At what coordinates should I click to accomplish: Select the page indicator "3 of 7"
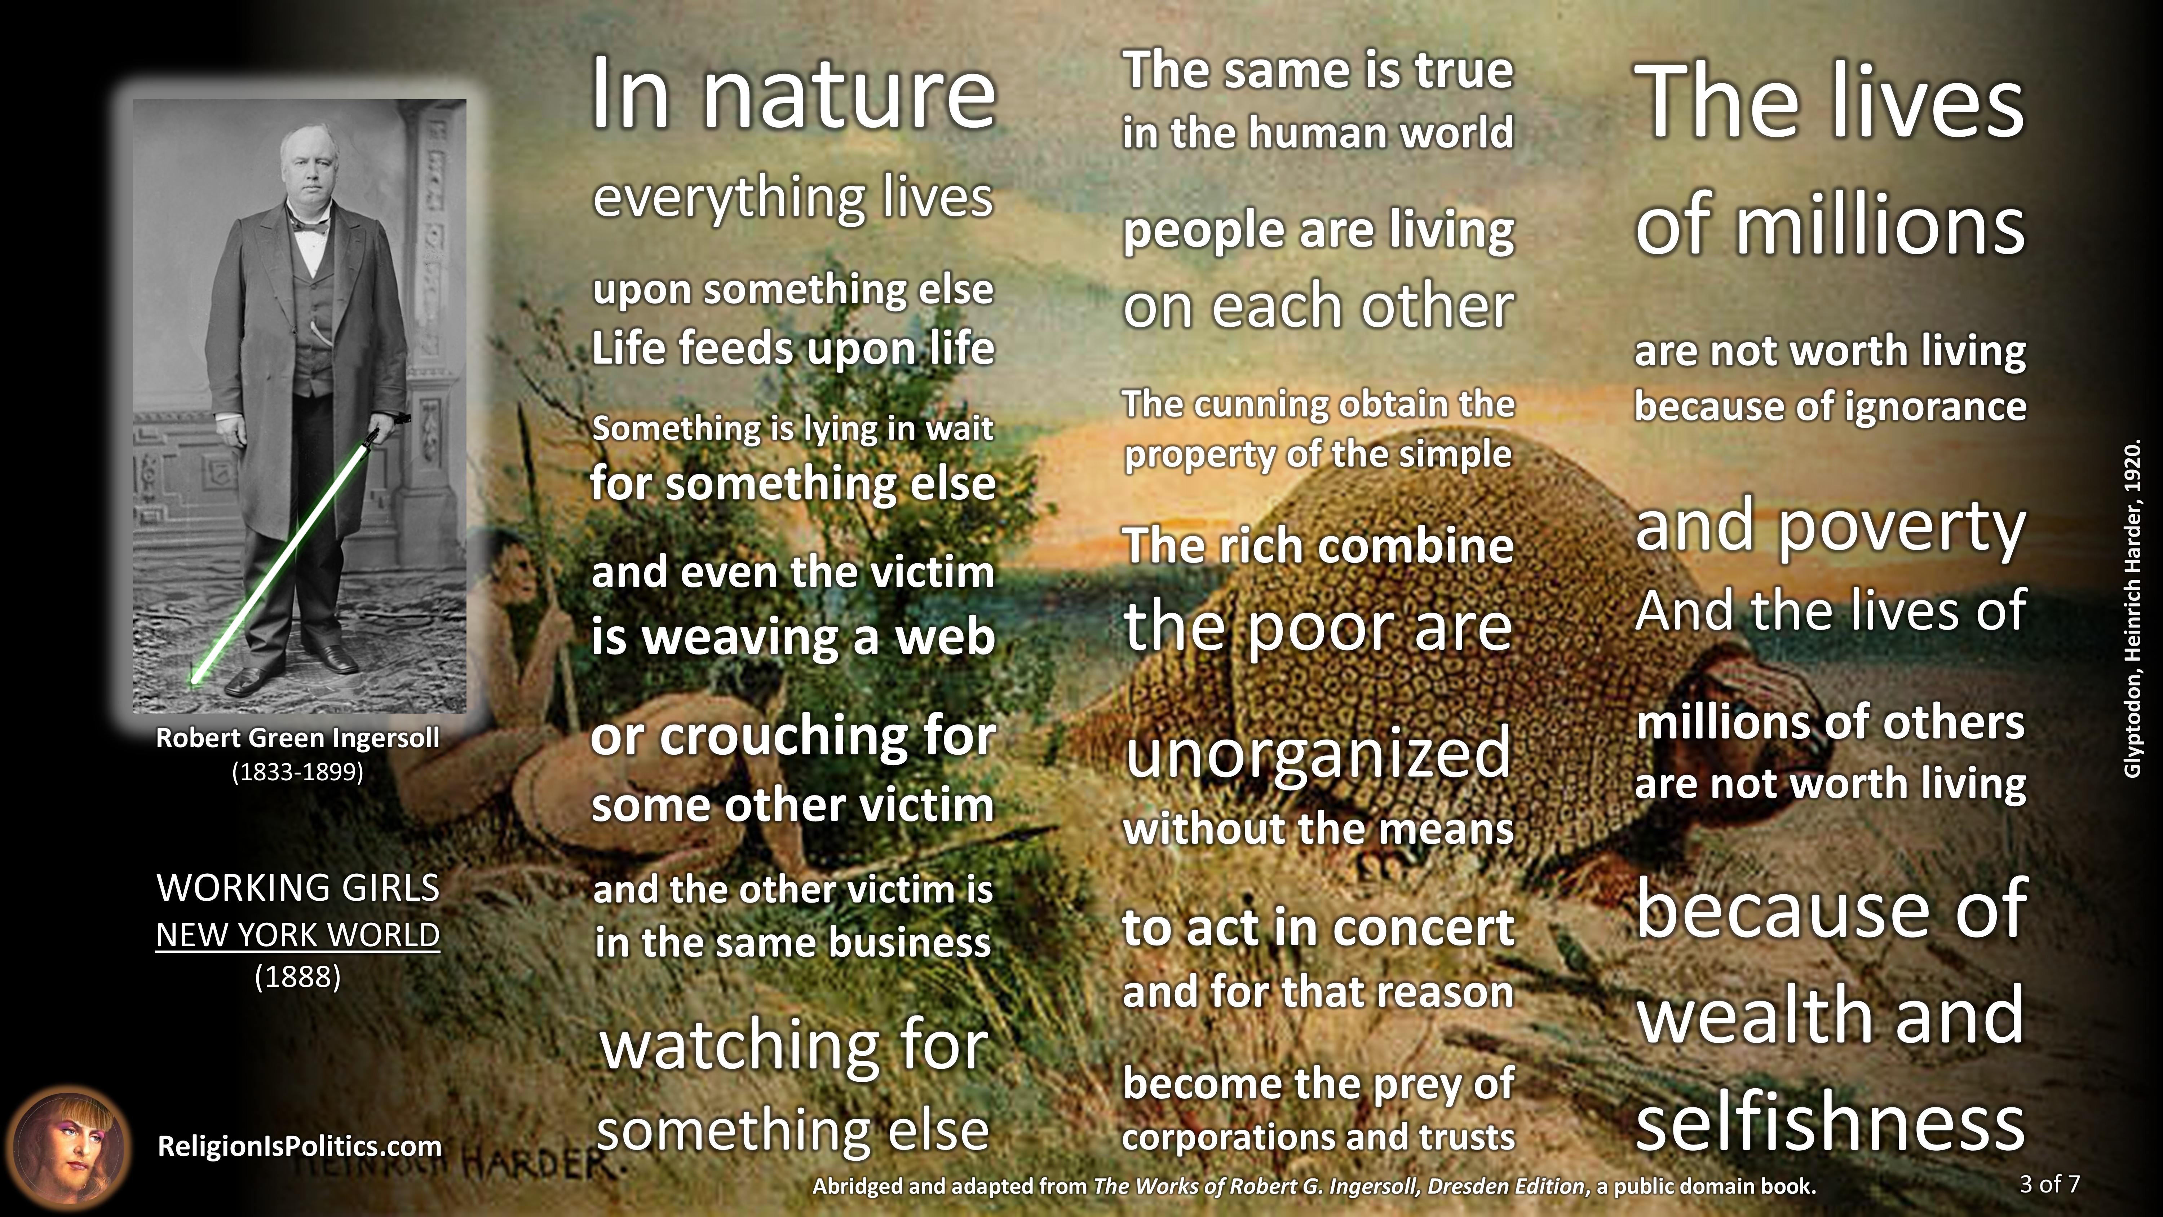coord(2050,1184)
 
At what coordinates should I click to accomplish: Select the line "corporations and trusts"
coord(1318,1137)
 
